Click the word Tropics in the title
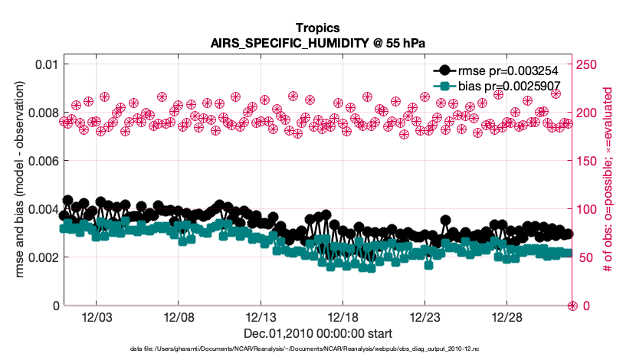click(x=317, y=28)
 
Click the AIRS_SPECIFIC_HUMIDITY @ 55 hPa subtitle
click(x=317, y=43)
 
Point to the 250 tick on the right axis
click(x=588, y=64)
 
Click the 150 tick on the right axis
click(x=588, y=160)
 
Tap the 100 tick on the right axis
click(x=588, y=209)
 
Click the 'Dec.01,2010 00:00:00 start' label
click(x=317, y=333)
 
